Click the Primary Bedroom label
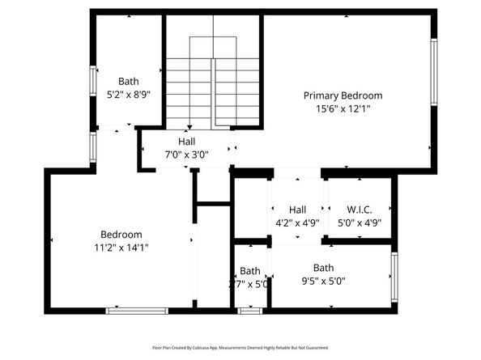point(343,95)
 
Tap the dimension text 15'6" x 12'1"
point(343,108)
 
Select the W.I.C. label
point(359,210)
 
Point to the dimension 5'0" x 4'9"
point(359,222)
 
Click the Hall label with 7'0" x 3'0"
point(187,142)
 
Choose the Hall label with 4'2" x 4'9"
point(297,210)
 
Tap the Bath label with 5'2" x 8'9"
point(129,81)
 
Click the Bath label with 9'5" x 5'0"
point(324,268)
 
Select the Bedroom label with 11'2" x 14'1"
point(121,235)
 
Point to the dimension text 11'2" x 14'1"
point(121,248)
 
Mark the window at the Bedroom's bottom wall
point(137,310)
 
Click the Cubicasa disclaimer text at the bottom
point(240,347)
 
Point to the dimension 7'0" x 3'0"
point(187,155)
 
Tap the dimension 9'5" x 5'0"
point(324,282)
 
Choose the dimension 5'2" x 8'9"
point(129,94)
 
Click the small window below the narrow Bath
point(250,310)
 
